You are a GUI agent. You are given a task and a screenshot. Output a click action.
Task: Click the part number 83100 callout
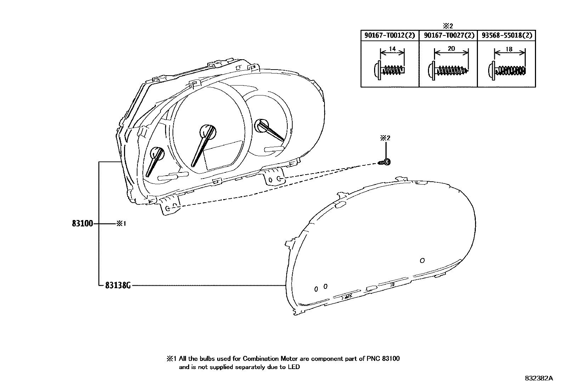click(82, 224)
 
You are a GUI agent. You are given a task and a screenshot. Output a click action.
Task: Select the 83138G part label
click(118, 285)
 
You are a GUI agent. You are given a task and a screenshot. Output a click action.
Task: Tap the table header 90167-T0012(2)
click(390, 35)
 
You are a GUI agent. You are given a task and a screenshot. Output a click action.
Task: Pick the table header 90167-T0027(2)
click(449, 35)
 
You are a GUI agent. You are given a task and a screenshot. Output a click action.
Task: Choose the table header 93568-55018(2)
click(507, 35)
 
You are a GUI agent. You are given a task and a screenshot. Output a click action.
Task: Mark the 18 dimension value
click(509, 49)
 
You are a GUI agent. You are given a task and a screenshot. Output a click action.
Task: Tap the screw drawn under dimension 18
click(507, 70)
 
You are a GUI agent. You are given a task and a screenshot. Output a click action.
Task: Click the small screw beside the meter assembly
click(385, 162)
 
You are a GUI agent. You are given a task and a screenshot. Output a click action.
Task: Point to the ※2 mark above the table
click(448, 26)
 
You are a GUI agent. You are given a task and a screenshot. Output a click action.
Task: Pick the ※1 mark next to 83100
click(121, 224)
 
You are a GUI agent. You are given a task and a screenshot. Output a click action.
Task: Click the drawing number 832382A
click(538, 378)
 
